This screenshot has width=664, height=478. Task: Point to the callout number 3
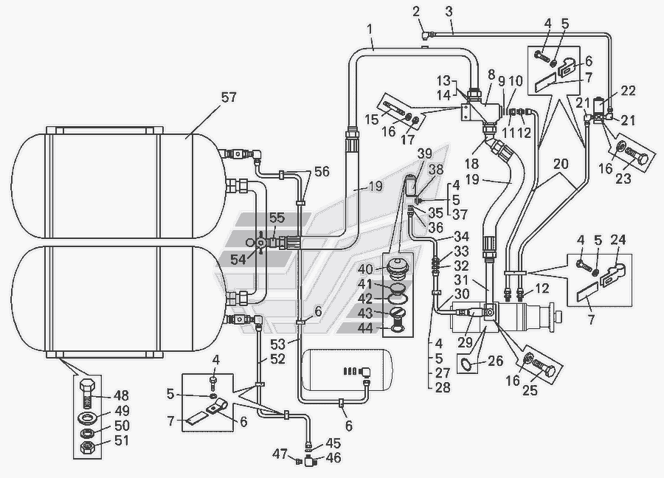[448, 13]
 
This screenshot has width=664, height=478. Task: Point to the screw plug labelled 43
[398, 314]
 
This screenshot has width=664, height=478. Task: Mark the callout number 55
[277, 218]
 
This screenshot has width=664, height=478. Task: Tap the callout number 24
[618, 240]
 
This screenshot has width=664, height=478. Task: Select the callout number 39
[424, 153]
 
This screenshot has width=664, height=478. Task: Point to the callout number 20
[561, 164]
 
